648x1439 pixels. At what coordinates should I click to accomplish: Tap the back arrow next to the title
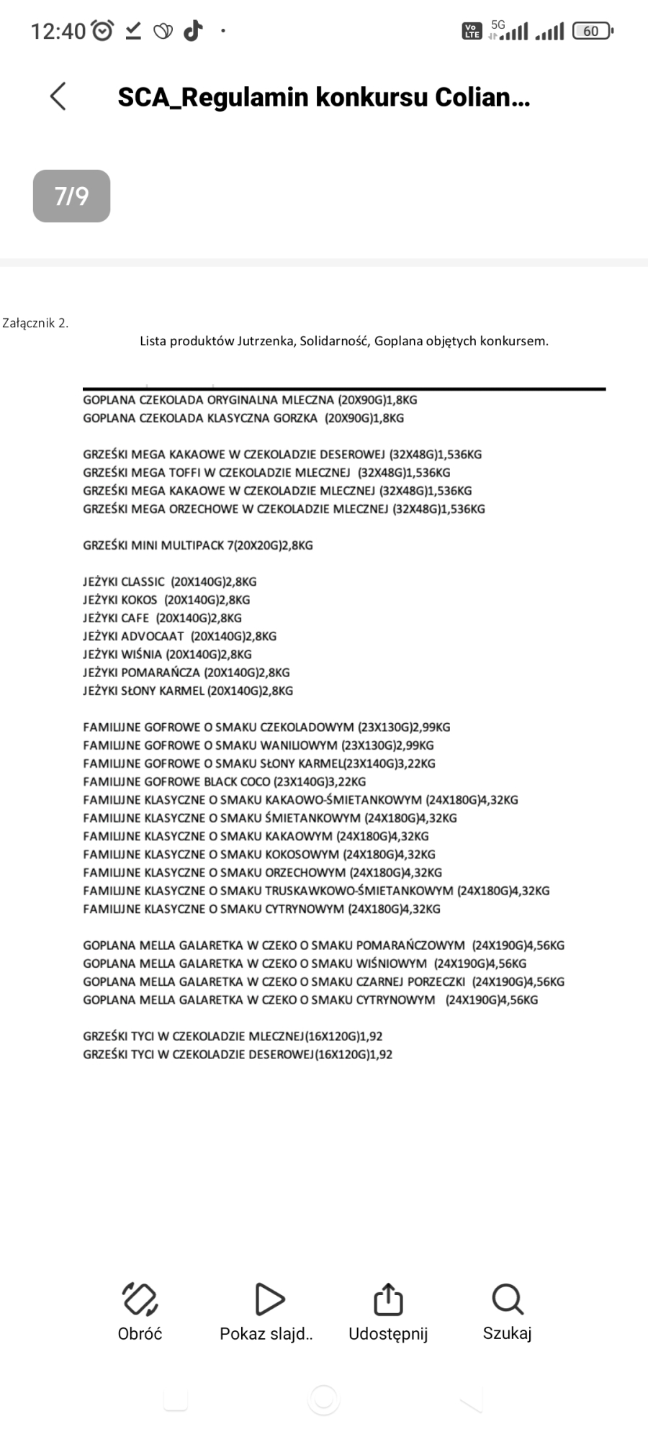[x=58, y=96]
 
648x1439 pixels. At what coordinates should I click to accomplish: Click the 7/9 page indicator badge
[x=71, y=196]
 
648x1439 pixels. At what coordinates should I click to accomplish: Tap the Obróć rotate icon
[x=140, y=1299]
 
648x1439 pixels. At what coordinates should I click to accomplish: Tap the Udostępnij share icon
[x=388, y=1299]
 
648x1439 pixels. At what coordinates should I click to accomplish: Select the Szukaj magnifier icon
[x=507, y=1299]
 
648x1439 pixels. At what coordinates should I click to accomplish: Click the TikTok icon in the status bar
[x=192, y=31]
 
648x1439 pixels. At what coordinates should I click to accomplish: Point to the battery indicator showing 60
[x=592, y=31]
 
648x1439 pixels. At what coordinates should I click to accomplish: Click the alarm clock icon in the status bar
[x=104, y=31]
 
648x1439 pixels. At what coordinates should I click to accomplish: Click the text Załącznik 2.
[x=35, y=323]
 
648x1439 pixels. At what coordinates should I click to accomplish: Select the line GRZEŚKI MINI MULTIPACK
[x=198, y=545]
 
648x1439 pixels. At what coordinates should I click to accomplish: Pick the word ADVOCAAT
[x=153, y=636]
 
